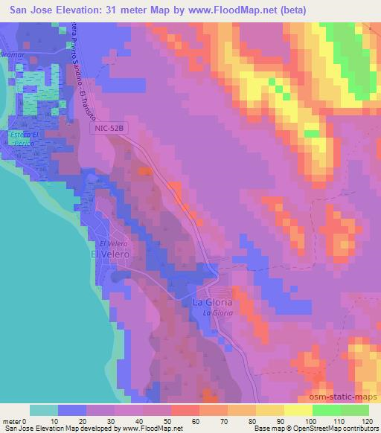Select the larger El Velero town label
[110, 254]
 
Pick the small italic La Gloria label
[218, 313]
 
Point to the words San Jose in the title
[29, 8]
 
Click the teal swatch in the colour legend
[43, 410]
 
